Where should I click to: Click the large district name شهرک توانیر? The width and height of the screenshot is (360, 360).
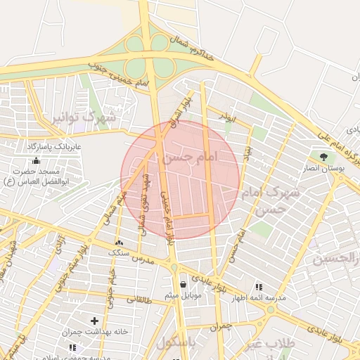[x=82, y=117]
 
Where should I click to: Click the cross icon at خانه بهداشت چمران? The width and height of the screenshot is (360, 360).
[x=94, y=321]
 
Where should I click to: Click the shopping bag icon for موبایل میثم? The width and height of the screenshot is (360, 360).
[x=184, y=284]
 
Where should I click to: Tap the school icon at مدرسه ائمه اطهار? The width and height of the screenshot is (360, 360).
[x=259, y=287]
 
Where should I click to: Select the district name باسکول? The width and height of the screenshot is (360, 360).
[x=176, y=344]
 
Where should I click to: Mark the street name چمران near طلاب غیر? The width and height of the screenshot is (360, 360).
[x=219, y=328]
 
